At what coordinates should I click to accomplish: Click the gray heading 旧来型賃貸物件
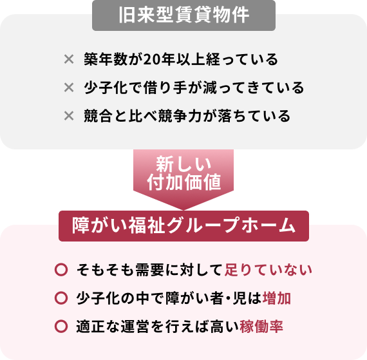tap(183, 15)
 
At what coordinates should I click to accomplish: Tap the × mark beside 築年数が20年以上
tap(69, 59)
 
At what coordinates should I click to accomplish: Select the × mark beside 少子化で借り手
tap(69, 88)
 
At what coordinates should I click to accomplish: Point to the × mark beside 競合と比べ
tap(69, 116)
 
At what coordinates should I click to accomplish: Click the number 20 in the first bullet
tap(151, 59)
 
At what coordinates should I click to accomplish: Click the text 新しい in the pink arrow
tap(183, 164)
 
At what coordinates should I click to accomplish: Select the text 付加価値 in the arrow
tap(183, 182)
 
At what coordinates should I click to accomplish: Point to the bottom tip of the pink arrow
tap(183, 210)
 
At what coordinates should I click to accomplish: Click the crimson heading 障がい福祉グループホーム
tap(183, 226)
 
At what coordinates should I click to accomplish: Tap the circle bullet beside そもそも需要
tap(61, 270)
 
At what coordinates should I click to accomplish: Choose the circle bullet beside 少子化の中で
tap(61, 298)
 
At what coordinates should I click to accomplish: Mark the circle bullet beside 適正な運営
tap(61, 327)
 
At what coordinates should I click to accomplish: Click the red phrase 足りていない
tap(268, 270)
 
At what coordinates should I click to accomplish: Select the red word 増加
tap(277, 298)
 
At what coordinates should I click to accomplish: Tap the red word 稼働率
tap(261, 327)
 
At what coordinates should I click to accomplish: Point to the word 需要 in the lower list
tap(149, 270)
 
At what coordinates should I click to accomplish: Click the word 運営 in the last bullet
tap(135, 327)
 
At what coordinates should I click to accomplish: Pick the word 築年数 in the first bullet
tap(106, 59)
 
